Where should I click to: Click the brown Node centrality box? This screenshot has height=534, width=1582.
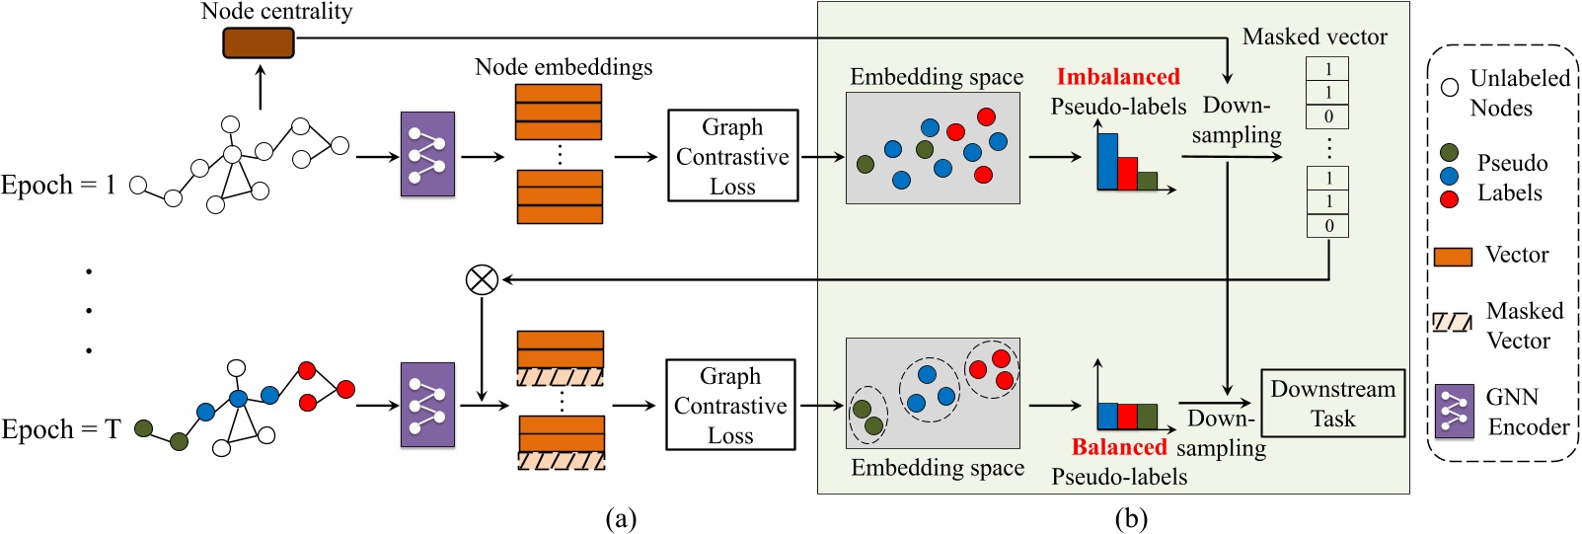(x=259, y=43)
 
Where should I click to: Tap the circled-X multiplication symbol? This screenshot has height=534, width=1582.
(x=482, y=280)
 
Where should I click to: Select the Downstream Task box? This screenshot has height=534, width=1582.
(x=1332, y=404)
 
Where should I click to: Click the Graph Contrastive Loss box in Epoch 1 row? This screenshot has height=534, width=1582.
(x=732, y=156)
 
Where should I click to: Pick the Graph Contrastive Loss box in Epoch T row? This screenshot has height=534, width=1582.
(x=730, y=405)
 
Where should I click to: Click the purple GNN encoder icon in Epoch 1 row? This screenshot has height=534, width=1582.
(x=427, y=154)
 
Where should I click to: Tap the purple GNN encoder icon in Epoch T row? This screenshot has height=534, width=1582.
(x=427, y=405)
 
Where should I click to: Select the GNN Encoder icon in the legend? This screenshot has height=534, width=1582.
(x=1454, y=412)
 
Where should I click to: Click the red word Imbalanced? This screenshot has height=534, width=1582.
(x=1118, y=77)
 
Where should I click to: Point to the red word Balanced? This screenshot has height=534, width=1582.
(x=1119, y=447)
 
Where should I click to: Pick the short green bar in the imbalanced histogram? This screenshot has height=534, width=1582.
(x=1147, y=181)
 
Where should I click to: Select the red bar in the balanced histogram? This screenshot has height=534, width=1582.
(x=1127, y=416)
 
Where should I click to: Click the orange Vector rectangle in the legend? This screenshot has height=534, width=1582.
(x=1453, y=257)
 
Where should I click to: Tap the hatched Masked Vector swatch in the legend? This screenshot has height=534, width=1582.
(x=1452, y=322)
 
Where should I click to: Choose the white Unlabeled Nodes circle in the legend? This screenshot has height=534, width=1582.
(x=1450, y=87)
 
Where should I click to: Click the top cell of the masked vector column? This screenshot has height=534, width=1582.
(x=1328, y=69)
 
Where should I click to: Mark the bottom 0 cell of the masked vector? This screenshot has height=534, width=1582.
(x=1328, y=226)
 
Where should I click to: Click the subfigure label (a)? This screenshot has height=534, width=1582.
(x=620, y=518)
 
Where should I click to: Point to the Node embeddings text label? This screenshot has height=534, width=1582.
(x=564, y=67)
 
